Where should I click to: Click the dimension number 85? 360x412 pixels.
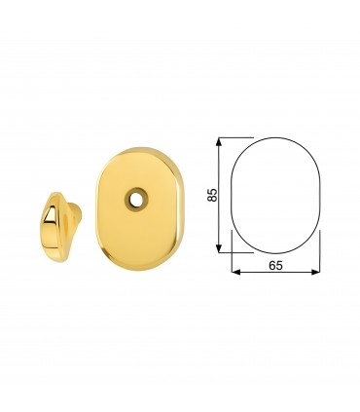pyautogui.click(x=213, y=195)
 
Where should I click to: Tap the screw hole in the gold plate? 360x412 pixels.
pyautogui.click(x=132, y=200)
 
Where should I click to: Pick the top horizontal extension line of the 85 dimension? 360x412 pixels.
pyautogui.click(x=237, y=136)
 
